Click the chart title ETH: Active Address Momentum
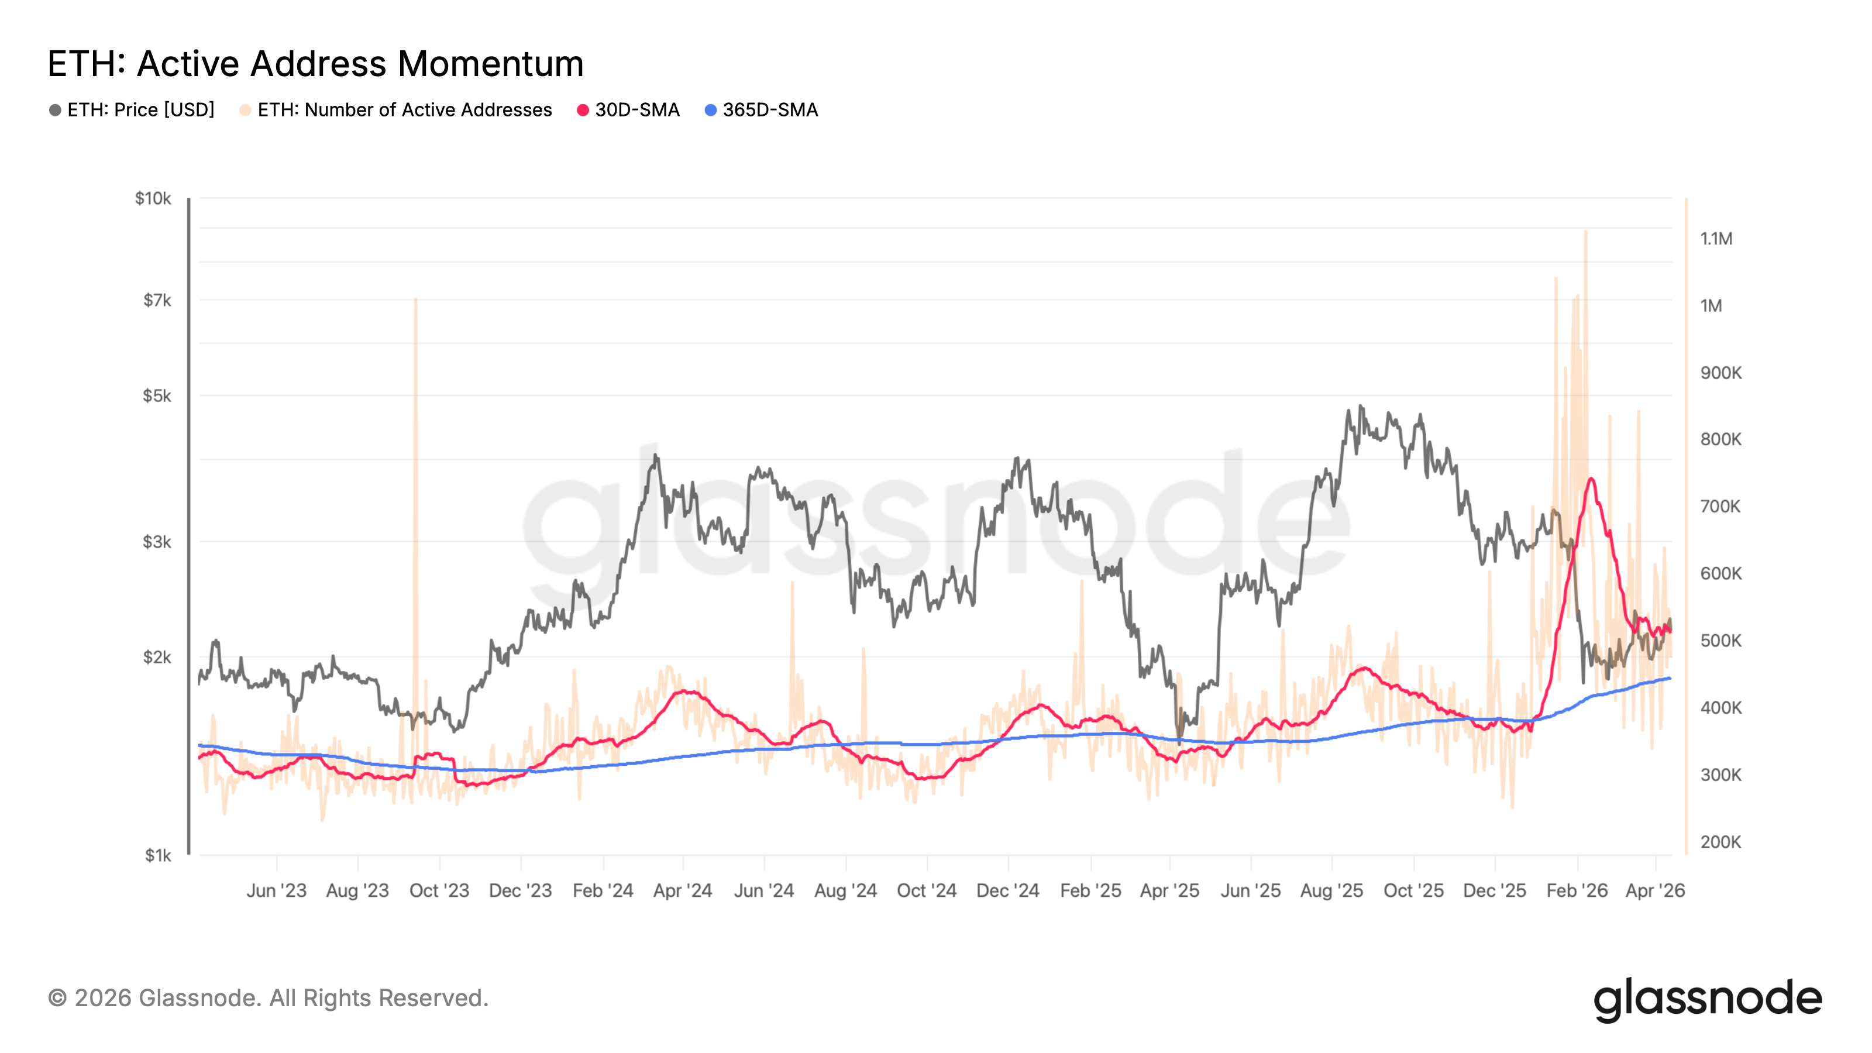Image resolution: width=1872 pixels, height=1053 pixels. pos(315,63)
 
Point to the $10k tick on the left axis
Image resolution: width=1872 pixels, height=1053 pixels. pos(153,198)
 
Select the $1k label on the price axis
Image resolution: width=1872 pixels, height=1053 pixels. pos(158,855)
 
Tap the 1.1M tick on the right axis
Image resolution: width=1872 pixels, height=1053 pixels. pos(1716,238)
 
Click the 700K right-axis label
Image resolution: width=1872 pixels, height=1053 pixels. pos(1720,507)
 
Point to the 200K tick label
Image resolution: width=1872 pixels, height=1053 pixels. pos(1720,842)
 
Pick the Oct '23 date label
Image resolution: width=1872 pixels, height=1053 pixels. pos(439,890)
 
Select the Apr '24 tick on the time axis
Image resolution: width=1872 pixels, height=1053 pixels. pos(682,890)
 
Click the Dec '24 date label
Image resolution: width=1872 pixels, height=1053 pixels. pos(1008,890)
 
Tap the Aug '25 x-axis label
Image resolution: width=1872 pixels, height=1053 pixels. pos(1331,890)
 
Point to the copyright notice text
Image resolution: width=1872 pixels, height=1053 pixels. pos(268,998)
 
